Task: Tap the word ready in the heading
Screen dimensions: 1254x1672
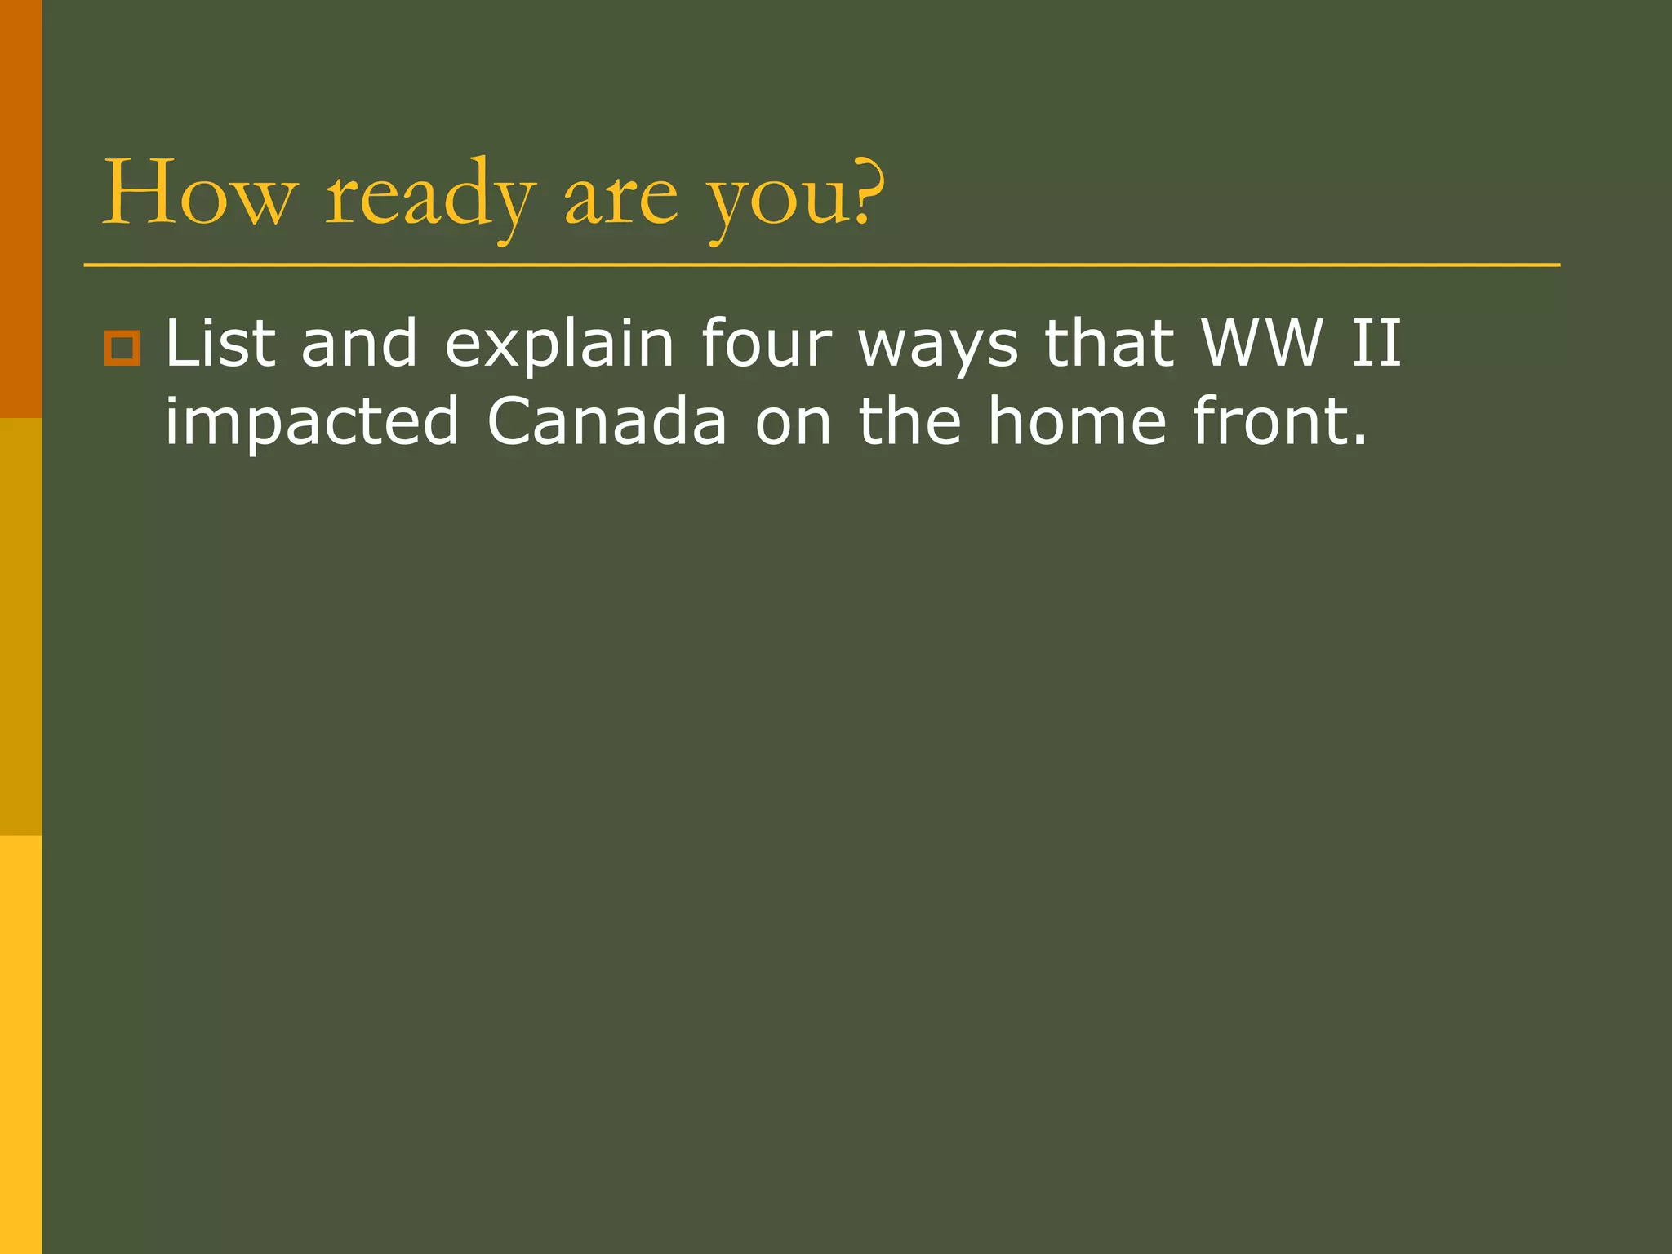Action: tap(430, 196)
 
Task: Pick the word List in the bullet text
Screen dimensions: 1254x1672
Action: tap(220, 343)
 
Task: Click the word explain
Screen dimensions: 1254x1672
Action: tap(559, 345)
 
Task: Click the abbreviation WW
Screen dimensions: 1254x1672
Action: tap(1262, 343)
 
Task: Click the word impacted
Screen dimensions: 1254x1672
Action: tap(312, 423)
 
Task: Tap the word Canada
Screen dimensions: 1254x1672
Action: tap(607, 421)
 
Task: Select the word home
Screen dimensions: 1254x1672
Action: tap(1077, 421)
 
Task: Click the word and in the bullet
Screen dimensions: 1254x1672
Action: tap(359, 343)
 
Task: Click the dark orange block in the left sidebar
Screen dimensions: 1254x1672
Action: tap(20, 208)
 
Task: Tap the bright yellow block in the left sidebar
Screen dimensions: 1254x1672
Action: tap(20, 1045)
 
